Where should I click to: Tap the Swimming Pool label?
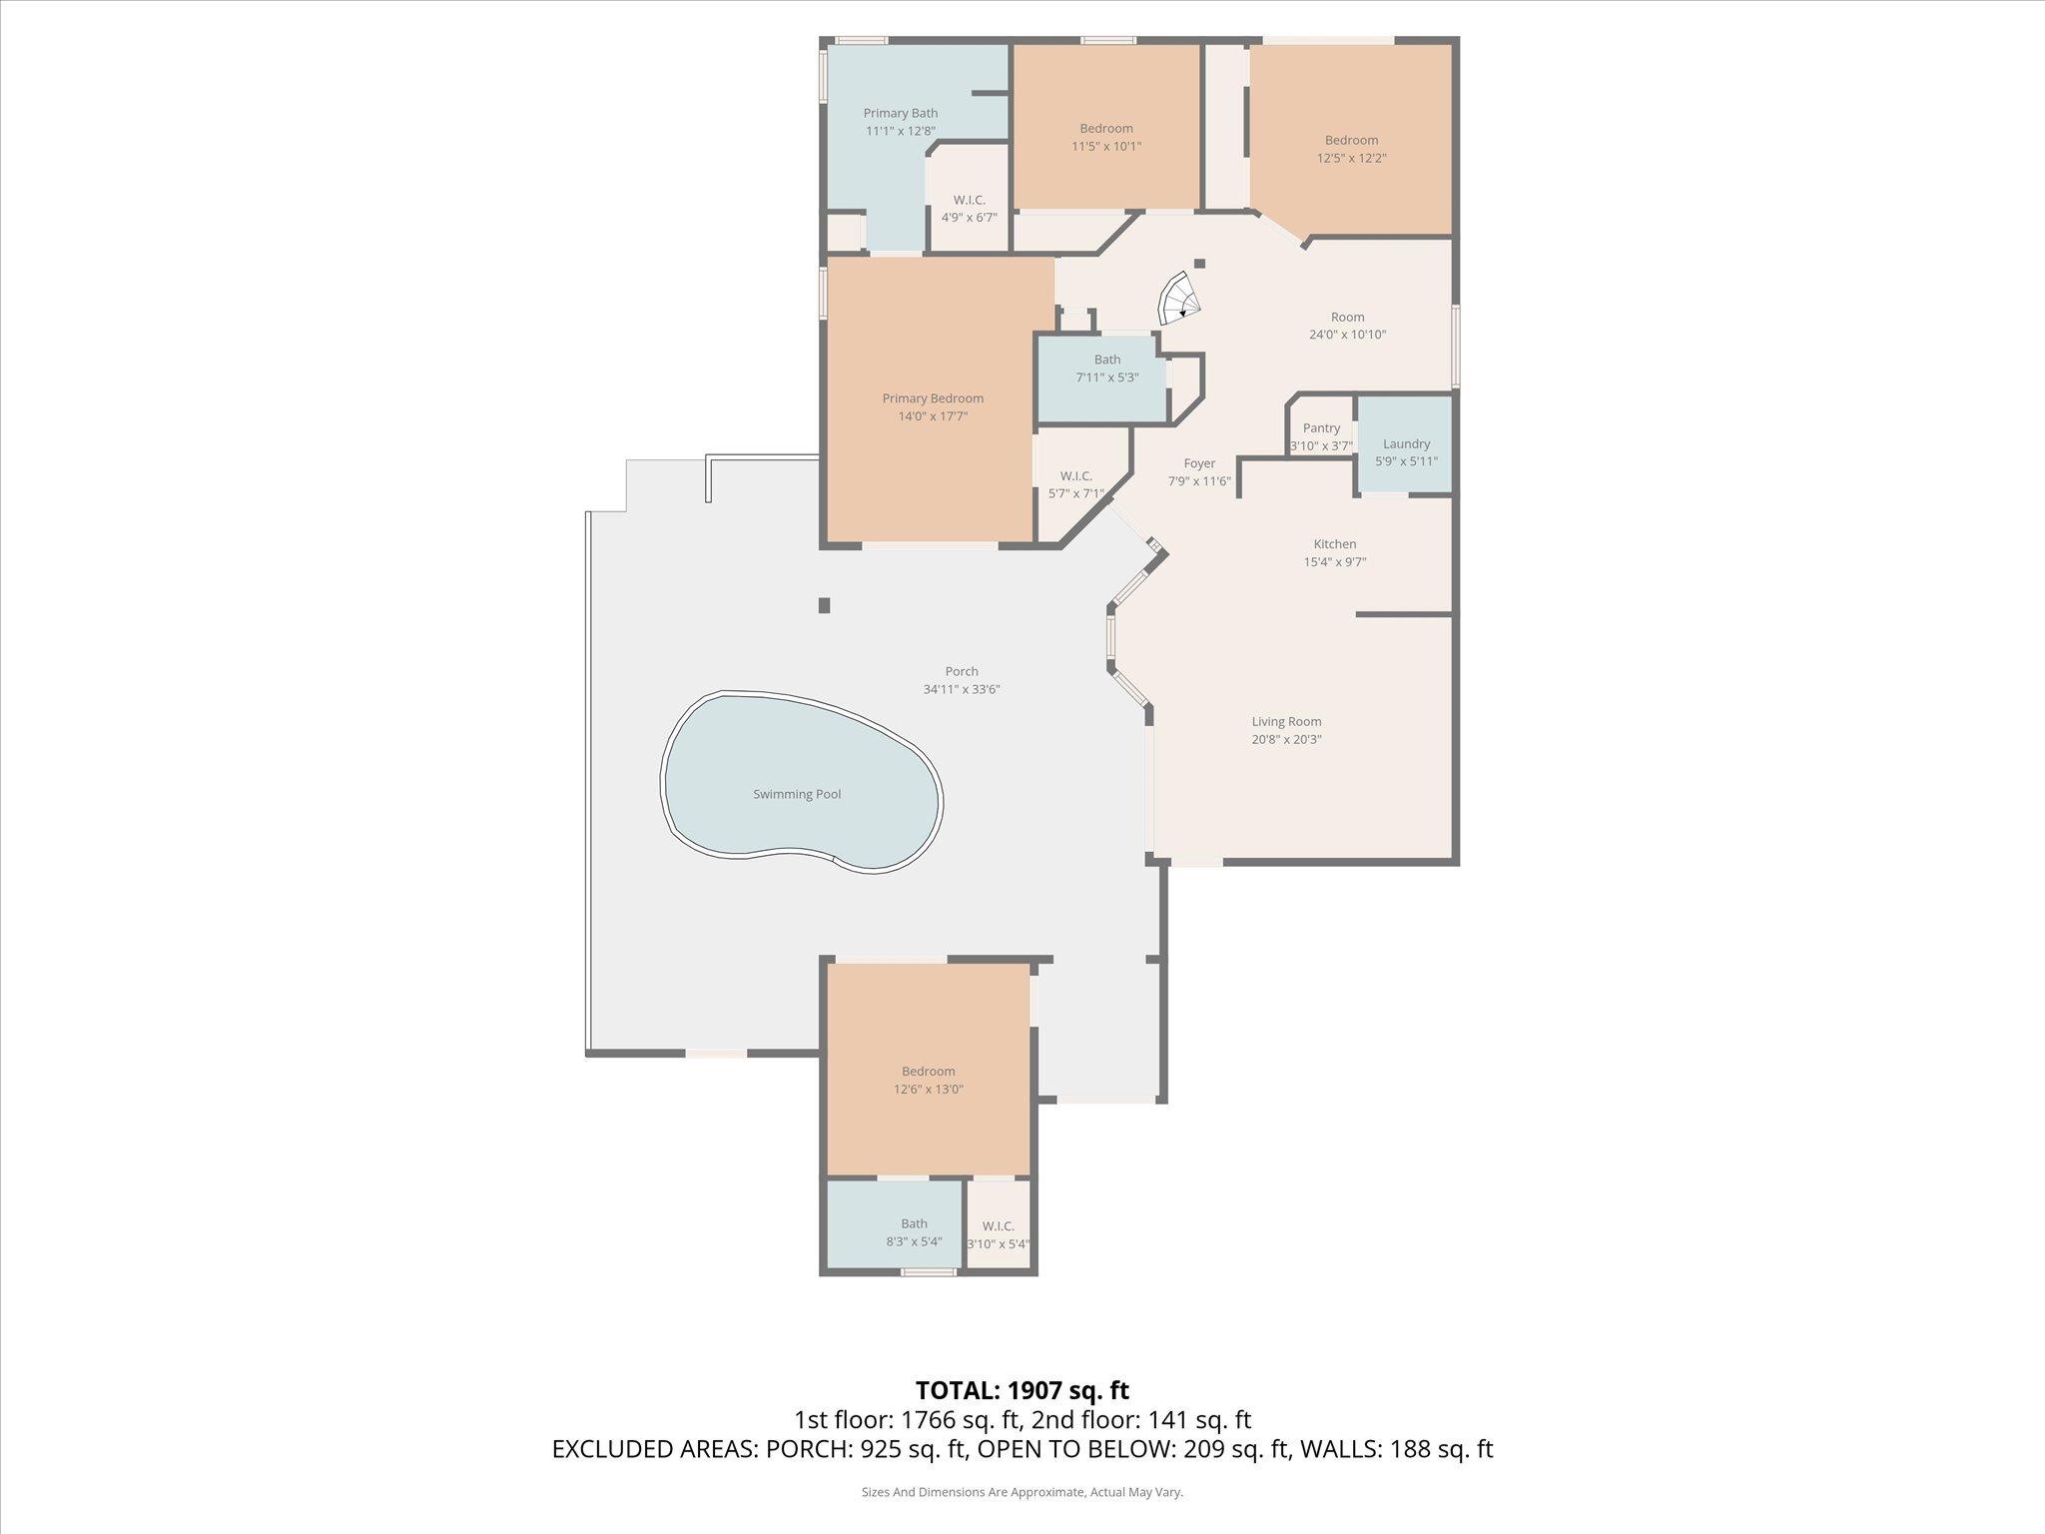797,794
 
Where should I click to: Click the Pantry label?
1321,428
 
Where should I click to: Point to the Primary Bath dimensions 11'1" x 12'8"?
900,131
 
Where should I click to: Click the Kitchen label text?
1334,544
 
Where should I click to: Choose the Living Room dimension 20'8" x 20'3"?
1286,739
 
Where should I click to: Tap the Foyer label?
1199,463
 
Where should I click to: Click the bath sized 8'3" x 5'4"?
914,1232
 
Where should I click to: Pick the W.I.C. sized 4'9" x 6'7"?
969,209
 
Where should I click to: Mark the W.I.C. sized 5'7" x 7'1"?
1075,484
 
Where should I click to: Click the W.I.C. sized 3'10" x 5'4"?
998,1234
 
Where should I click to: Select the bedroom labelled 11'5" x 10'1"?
1106,137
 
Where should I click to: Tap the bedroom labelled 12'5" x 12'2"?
1351,149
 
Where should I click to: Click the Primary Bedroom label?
933,398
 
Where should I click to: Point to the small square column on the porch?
824,605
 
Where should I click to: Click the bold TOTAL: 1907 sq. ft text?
1022,1390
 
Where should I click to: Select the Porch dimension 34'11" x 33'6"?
962,689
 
